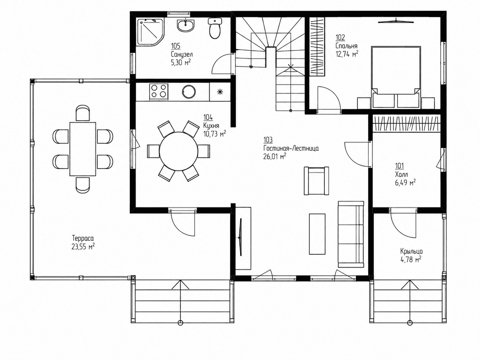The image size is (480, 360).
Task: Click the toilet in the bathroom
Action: pos(215,29)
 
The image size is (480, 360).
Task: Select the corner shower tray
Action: pos(150,32)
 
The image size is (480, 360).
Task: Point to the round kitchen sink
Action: pos(189,92)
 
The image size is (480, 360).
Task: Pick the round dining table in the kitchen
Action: pos(179,151)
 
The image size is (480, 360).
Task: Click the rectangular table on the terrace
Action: pos(83,149)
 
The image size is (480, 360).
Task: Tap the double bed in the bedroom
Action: pos(396,77)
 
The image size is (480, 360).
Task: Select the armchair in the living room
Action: pos(316,181)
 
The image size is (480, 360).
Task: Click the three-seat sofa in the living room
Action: pos(351,234)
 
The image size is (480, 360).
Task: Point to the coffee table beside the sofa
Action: pos(317,234)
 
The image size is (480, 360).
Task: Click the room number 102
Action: pos(340,37)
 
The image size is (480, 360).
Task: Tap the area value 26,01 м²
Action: pos(275,156)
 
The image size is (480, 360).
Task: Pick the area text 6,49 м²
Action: pos(405,183)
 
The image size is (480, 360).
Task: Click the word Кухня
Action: pos(211,126)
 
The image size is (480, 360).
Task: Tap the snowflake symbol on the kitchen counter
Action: pos(220,92)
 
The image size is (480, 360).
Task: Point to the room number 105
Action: pos(176,46)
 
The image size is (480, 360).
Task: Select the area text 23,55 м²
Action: pos(83,247)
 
